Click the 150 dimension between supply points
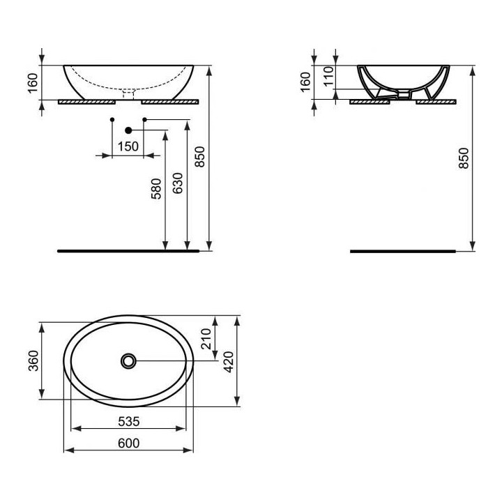pyautogui.click(x=128, y=146)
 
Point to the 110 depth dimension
pyautogui.click(x=328, y=75)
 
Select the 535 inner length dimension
pyautogui.click(x=129, y=421)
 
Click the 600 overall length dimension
pyautogui.click(x=129, y=443)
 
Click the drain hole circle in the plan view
pyautogui.click(x=129, y=360)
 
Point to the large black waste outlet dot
pyautogui.click(x=128, y=130)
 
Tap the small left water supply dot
pyautogui.click(x=112, y=120)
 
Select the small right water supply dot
pyautogui.click(x=144, y=120)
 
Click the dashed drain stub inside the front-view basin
pyautogui.click(x=128, y=91)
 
